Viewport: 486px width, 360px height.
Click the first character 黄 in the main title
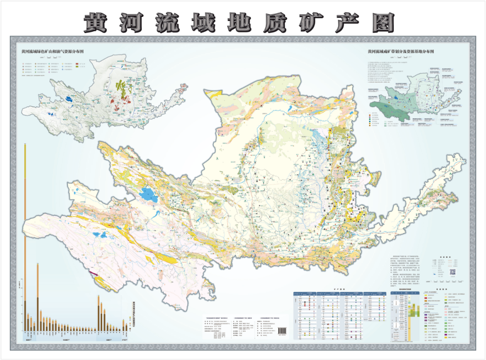click(x=96, y=22)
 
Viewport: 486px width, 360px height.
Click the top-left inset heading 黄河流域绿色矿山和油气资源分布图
click(x=53, y=52)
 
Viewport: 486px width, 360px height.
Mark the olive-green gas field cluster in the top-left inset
click(x=121, y=85)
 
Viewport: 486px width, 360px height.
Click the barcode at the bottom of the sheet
click(x=283, y=331)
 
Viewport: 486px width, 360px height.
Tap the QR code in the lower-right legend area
click(x=453, y=272)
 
